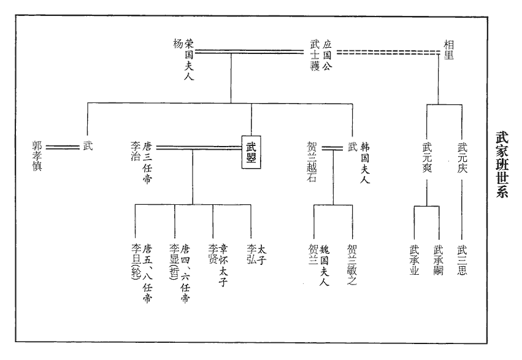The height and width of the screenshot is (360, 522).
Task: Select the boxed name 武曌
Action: click(x=251, y=152)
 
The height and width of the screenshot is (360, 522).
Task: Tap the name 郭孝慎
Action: click(x=37, y=156)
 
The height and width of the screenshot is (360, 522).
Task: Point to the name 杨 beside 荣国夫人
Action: click(x=178, y=44)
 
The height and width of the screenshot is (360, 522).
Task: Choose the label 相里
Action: click(x=450, y=49)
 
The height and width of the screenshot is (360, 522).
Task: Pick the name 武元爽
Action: click(x=427, y=158)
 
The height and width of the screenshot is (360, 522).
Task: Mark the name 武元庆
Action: click(x=463, y=158)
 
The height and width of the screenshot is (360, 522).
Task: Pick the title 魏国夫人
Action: click(x=325, y=266)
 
